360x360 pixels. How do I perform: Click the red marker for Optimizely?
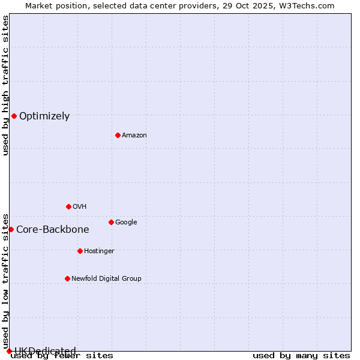point(14,116)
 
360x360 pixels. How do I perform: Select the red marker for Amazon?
point(118,135)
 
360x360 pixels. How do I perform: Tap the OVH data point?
point(68,206)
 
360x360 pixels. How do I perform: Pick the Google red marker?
point(111,222)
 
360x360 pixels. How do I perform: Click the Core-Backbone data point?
point(11,229)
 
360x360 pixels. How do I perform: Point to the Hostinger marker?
point(80,251)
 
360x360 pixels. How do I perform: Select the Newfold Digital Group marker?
point(67,278)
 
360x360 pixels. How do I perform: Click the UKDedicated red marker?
point(9,351)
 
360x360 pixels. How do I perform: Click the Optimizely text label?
point(44,116)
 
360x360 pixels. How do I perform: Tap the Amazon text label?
point(134,136)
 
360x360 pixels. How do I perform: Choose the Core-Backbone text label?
point(53,230)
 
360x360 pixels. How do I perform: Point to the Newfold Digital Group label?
point(107,278)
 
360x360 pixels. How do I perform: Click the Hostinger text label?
point(99,251)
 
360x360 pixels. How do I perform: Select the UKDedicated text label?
point(45,352)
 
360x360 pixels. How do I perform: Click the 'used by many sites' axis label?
point(301,356)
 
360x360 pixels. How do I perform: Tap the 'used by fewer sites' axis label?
point(62,356)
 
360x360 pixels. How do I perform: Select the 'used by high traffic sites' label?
point(5,85)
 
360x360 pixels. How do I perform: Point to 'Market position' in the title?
point(53,5)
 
